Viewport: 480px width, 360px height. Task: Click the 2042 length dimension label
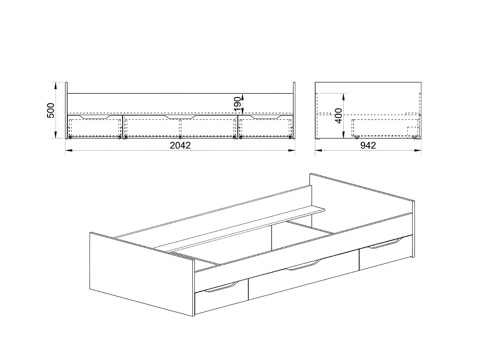coord(180,146)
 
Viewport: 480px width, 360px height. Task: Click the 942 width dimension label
coord(368,146)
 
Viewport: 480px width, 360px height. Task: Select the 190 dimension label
coord(237,104)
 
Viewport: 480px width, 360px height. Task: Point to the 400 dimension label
coord(339,116)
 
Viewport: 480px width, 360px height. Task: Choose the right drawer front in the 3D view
coord(386,254)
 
